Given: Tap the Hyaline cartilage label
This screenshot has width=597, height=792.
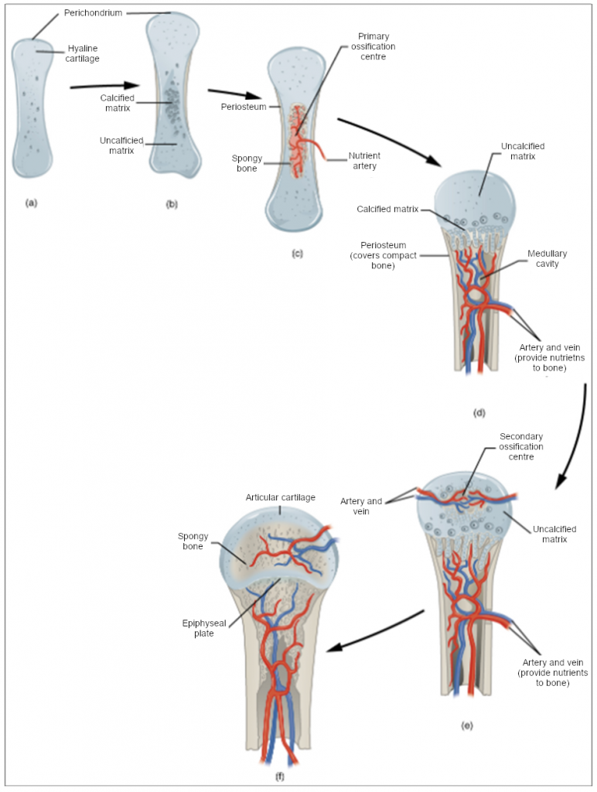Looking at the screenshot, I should click(83, 53).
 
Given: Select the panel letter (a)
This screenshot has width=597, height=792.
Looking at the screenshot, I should click(31, 203).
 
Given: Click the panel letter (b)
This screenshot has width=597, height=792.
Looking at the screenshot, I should click(172, 204).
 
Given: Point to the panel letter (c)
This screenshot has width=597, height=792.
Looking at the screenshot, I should click(296, 254).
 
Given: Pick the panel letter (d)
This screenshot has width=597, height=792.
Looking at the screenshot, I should click(479, 412).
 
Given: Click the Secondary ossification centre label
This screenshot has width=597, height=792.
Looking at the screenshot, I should click(521, 446).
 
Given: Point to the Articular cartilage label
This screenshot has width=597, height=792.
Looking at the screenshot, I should click(280, 497).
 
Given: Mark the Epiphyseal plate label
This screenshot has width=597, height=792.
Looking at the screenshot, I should click(199, 627).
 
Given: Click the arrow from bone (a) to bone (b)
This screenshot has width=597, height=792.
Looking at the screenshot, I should click(104, 86).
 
